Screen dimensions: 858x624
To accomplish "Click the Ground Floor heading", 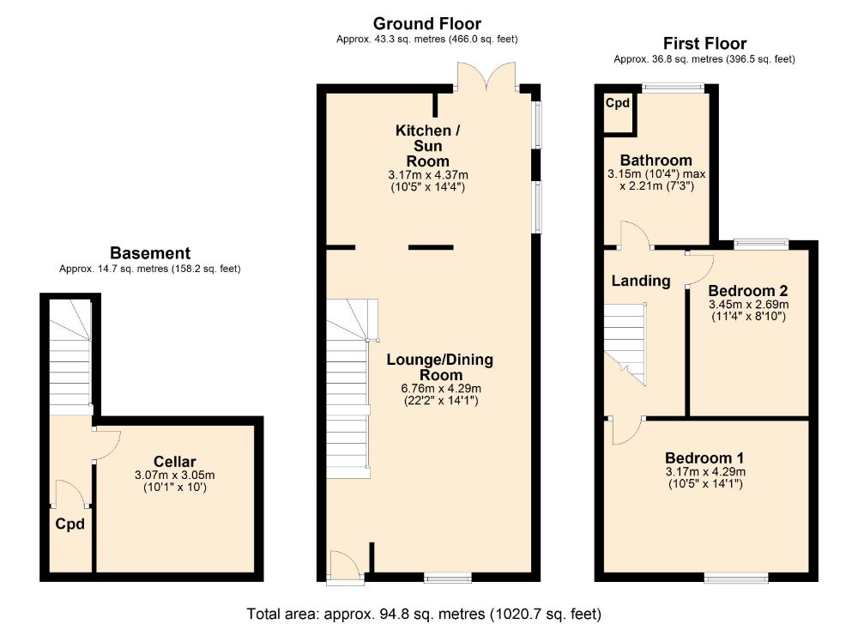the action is [x=426, y=23].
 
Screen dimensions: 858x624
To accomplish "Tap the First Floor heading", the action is [x=704, y=43].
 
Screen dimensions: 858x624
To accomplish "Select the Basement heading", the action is [x=150, y=253].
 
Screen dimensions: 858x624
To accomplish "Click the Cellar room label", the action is [x=174, y=462].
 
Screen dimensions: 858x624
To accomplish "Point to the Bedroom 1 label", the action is [x=704, y=457].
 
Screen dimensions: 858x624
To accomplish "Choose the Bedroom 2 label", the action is [x=748, y=291].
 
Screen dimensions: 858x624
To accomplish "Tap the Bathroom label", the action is [x=656, y=161].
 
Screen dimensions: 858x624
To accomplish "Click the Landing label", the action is [x=641, y=281].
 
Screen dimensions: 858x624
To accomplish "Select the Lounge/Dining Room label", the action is [x=440, y=367].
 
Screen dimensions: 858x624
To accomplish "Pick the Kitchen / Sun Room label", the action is [x=428, y=146].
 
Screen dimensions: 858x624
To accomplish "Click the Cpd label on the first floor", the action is [x=618, y=103].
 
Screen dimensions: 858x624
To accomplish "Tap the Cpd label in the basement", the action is [x=70, y=524].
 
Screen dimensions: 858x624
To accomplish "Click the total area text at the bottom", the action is [x=424, y=614].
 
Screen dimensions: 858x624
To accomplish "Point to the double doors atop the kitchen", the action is [x=486, y=76].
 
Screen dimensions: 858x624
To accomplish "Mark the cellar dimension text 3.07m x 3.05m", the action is [x=174, y=476].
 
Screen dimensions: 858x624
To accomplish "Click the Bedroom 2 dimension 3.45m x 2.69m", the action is [x=748, y=305].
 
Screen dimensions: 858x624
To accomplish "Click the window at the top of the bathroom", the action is [x=673, y=87].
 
